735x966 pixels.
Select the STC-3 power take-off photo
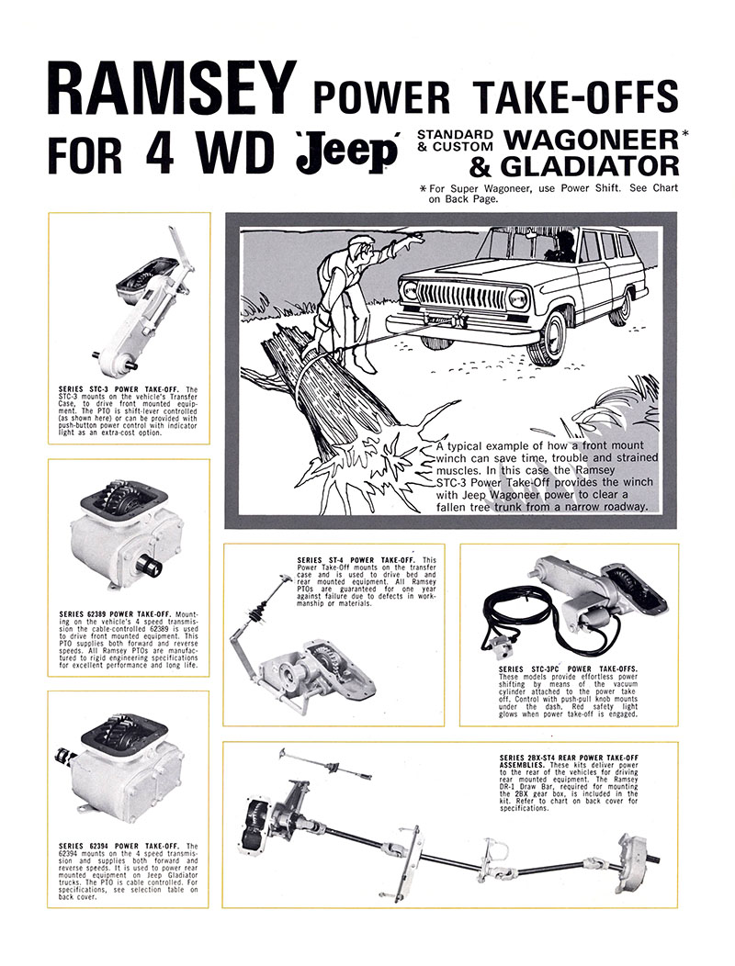144,298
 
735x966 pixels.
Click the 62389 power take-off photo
129,533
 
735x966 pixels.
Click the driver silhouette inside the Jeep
562,245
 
